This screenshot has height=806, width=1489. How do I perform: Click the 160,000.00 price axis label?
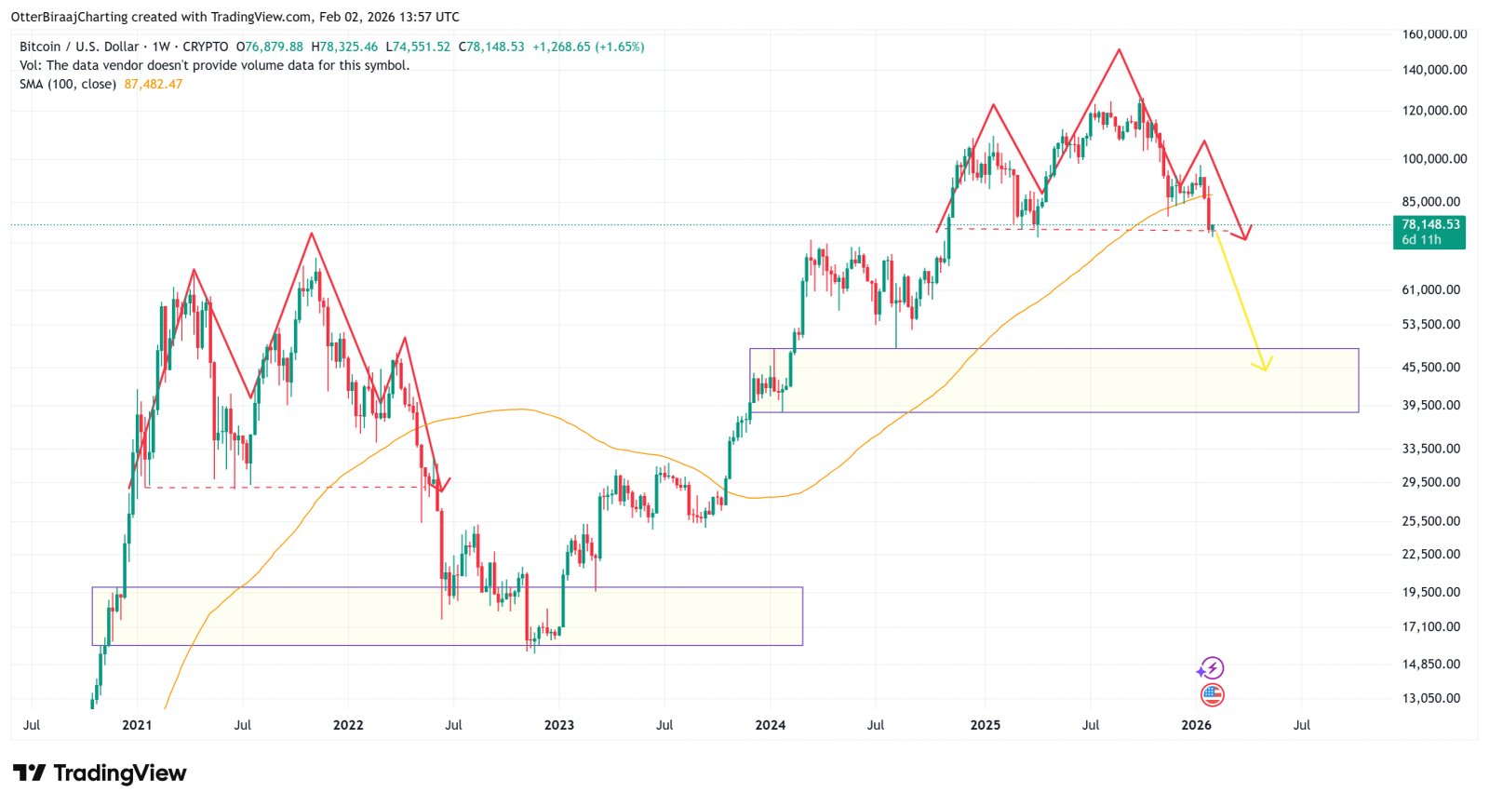[1434, 34]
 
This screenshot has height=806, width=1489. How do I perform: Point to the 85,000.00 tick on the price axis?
[1431, 201]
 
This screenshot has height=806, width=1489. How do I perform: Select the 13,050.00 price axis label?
[1431, 698]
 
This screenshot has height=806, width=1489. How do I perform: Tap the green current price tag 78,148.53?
[1430, 224]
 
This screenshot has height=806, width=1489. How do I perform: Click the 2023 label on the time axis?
[559, 725]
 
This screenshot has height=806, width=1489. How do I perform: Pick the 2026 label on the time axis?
[1196, 725]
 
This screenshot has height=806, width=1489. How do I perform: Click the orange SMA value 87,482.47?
[154, 84]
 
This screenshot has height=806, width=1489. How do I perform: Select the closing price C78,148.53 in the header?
[491, 47]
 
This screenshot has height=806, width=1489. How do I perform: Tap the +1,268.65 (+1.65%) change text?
[588, 47]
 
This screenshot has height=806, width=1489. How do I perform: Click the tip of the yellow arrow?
[1265, 369]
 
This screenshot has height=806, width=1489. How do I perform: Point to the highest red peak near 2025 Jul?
[1119, 49]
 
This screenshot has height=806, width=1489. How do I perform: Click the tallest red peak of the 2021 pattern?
[311, 234]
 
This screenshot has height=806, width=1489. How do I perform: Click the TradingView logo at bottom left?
[100, 772]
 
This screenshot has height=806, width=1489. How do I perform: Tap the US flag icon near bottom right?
[1212, 694]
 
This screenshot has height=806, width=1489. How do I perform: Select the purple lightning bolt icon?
[1210, 668]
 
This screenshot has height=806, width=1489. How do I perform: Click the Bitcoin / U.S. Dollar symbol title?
[79, 47]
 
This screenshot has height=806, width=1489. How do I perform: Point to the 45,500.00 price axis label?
[1431, 367]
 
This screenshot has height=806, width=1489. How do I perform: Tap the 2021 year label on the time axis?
[137, 725]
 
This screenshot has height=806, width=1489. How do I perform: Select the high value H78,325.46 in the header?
[344, 47]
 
